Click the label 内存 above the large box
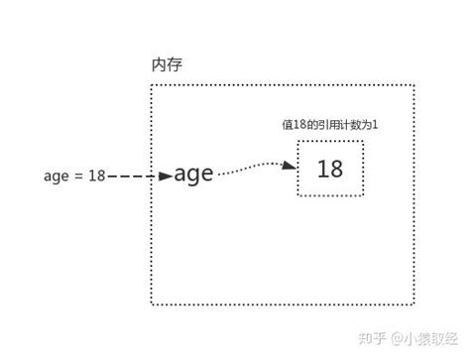click(x=167, y=65)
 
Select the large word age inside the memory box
click(x=193, y=176)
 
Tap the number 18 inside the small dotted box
click(x=330, y=169)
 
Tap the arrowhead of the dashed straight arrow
click(x=165, y=177)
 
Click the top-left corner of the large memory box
click(x=151, y=86)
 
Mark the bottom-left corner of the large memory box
click(x=151, y=304)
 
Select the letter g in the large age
click(x=193, y=178)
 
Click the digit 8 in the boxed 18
click(x=337, y=169)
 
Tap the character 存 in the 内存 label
click(x=176, y=65)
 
